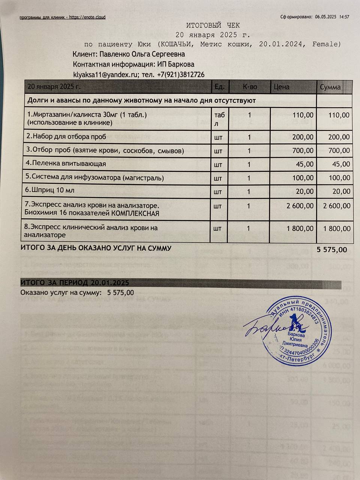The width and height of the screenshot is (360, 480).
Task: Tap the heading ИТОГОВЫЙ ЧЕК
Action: coord(213,25)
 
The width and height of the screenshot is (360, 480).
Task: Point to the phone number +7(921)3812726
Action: coord(181,75)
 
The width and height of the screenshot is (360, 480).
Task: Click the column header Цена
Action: coord(282,87)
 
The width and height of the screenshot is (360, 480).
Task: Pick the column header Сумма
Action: coord(330,87)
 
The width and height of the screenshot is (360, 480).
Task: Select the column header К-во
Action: coord(250,87)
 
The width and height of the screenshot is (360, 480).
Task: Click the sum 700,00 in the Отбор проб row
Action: coord(339,151)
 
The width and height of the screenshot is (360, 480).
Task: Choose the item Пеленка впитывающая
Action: coord(66,164)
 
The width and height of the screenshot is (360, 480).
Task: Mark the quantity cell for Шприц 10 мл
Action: coord(249,192)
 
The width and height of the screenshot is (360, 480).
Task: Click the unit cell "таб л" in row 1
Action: coord(219,118)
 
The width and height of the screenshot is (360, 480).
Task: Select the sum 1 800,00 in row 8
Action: coord(337,228)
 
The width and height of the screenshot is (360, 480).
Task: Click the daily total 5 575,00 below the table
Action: coord(332,250)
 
